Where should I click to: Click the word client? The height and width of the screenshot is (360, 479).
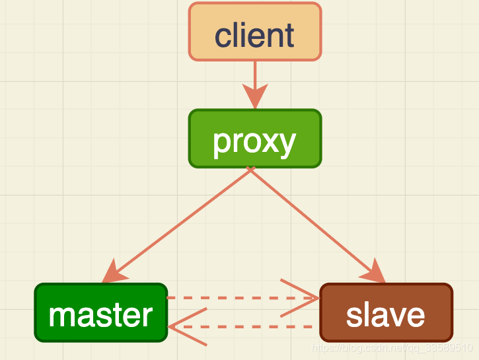pyautogui.click(x=254, y=35)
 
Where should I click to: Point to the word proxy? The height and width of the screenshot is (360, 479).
pyautogui.click(x=254, y=141)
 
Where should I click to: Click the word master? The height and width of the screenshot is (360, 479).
pyautogui.click(x=100, y=316)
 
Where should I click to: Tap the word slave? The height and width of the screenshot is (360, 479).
pyautogui.click(x=386, y=316)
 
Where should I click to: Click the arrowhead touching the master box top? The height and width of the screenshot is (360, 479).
pyautogui.click(x=114, y=271)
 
